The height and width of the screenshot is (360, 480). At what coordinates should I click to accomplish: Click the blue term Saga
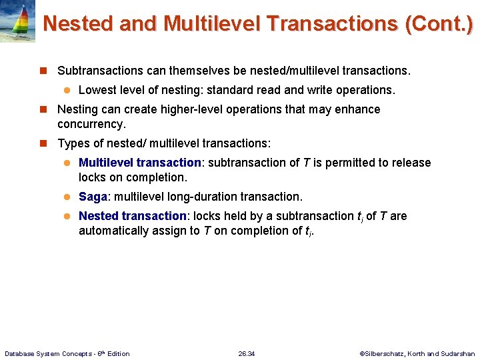(93, 197)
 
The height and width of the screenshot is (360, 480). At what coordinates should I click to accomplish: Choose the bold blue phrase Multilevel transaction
(140, 163)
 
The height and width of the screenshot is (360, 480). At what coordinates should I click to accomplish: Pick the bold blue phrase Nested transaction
(133, 216)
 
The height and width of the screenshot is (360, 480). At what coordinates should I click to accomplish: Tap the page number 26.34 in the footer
(246, 353)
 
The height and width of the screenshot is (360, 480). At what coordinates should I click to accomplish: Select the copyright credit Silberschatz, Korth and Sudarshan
(421, 353)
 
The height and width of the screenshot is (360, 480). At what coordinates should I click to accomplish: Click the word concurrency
(91, 124)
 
